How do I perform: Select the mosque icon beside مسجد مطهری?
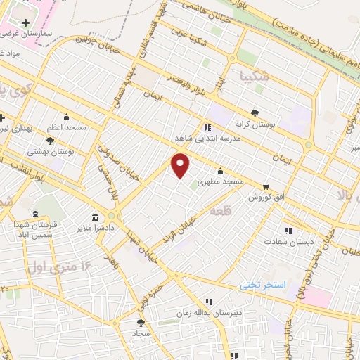pyautogui.click(x=221, y=171)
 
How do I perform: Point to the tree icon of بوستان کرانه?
pyautogui.click(x=255, y=112)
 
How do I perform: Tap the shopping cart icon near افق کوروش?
pyautogui.click(x=265, y=187)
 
